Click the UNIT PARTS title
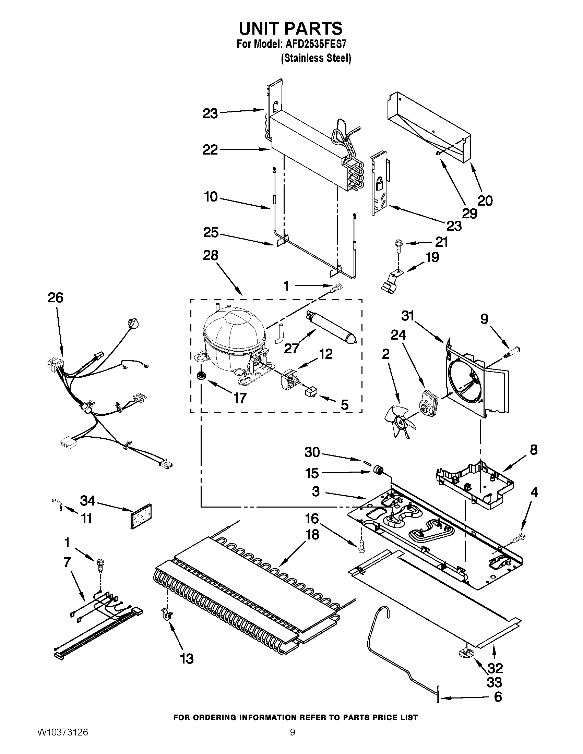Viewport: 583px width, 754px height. coord(290,28)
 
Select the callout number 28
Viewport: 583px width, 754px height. coord(211,255)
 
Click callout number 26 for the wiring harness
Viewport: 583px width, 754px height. coord(56,297)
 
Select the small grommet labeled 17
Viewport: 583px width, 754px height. coord(200,376)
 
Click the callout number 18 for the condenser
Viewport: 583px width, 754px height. coord(312,535)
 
